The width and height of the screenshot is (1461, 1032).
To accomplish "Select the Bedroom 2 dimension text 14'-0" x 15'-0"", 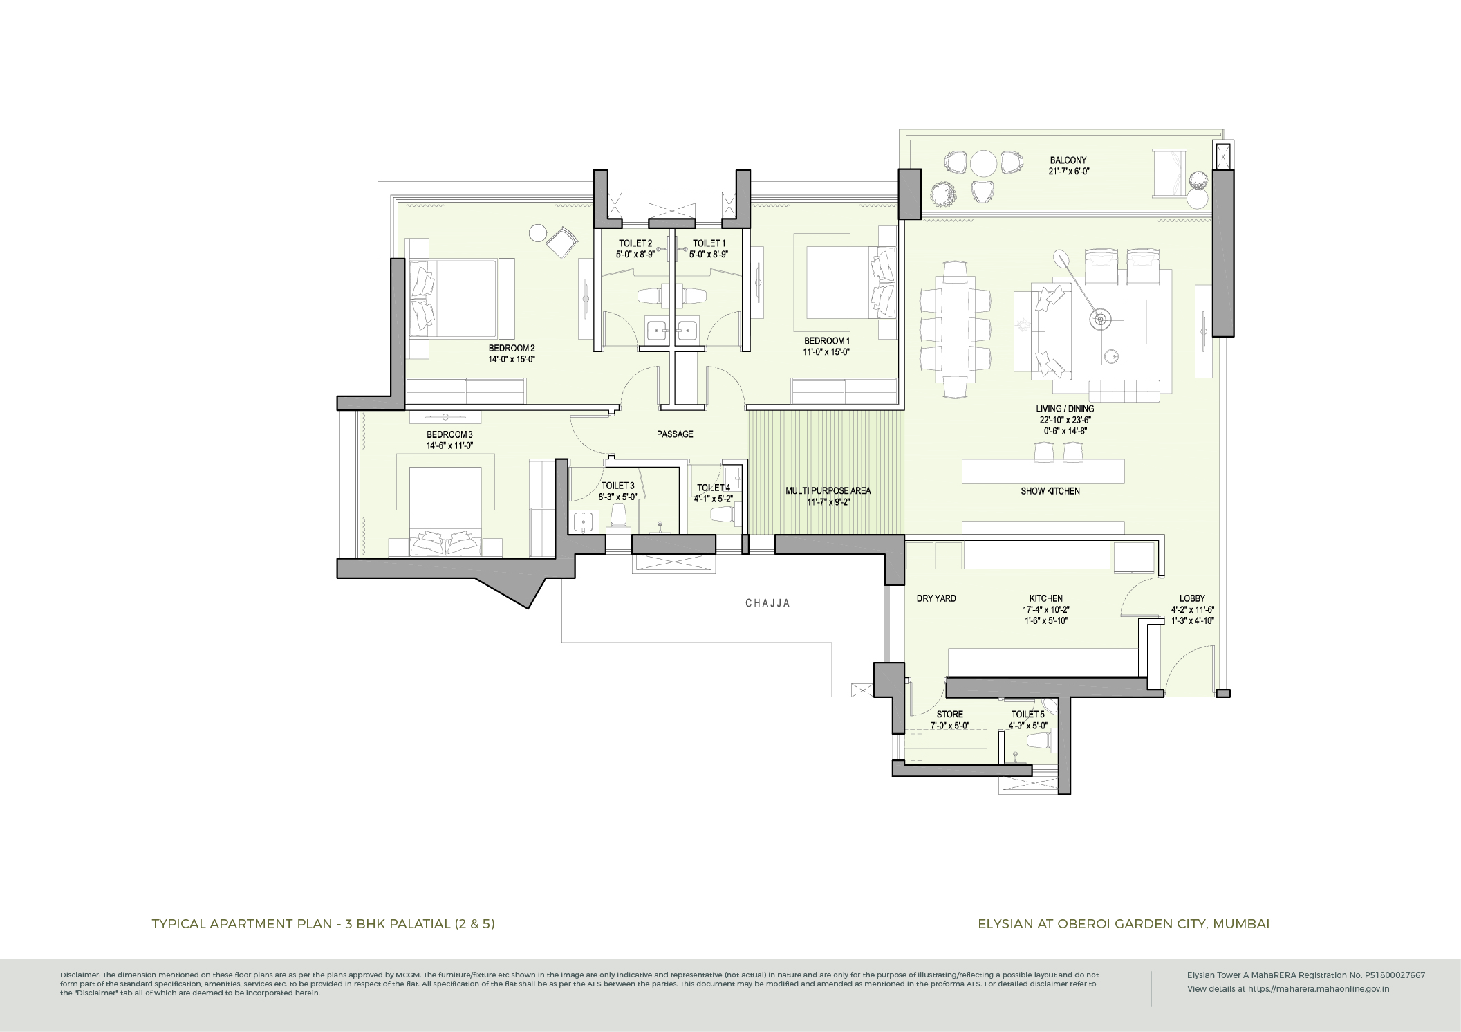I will [x=512, y=360].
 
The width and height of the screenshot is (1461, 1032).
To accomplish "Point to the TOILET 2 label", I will [x=634, y=243].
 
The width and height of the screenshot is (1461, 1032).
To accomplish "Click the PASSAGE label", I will [x=674, y=434].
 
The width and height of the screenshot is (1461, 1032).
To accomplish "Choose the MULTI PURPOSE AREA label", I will [x=828, y=491].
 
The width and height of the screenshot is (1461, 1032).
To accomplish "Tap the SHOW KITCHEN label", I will [x=1050, y=492].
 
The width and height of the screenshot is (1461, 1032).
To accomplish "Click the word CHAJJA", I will [x=767, y=603].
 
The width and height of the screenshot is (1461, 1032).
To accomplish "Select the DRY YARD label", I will [x=936, y=598].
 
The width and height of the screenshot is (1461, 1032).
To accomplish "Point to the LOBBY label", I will [x=1193, y=598].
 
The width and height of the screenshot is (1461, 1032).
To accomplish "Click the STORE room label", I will [x=949, y=715].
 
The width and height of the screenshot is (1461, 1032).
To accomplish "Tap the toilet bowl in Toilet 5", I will [x=1037, y=741].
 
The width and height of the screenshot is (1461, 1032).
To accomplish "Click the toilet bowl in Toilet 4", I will [x=722, y=515].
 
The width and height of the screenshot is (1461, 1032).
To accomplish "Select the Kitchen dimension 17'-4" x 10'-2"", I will [x=1045, y=610].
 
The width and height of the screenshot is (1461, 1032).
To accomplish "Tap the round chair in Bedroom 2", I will [x=539, y=233].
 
